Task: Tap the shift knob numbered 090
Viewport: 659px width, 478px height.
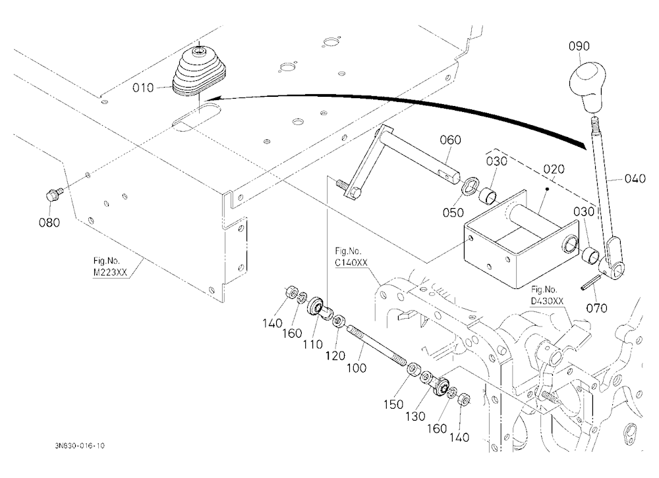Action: coord(588,88)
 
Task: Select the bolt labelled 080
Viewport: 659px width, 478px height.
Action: coord(53,195)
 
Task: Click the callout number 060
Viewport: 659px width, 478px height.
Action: coord(451,140)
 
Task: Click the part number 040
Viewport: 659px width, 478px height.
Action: coord(635,178)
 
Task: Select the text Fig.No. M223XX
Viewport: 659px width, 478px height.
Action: coord(110,266)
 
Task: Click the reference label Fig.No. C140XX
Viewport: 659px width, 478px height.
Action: coord(351,257)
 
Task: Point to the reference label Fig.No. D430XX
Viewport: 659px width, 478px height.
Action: coord(547,295)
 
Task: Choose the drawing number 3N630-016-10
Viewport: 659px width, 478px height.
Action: coord(80,446)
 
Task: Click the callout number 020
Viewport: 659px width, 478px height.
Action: coord(554,169)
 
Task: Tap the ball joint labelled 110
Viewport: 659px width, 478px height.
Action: coord(318,307)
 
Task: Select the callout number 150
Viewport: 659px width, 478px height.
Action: coord(394,404)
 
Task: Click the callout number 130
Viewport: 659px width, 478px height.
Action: coord(415,416)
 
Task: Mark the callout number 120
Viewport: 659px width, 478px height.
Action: coord(335,356)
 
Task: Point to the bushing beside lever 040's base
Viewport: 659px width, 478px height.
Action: coord(591,255)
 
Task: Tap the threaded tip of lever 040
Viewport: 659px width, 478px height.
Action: coord(594,126)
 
